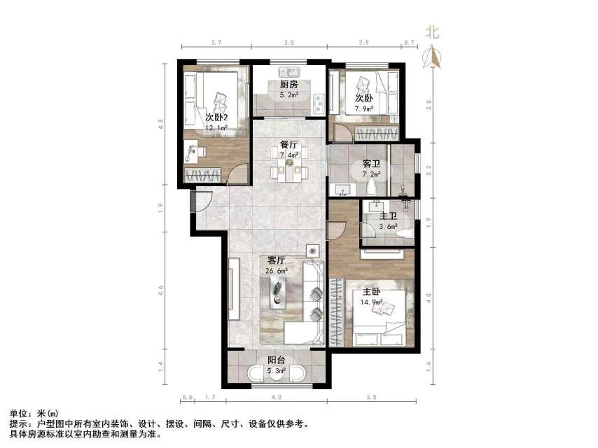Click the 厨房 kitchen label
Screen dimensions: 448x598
coord(289,85)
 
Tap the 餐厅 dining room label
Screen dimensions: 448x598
coord(288,145)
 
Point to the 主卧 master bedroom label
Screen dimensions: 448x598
coord(371,290)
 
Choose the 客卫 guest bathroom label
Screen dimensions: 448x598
coord(370,164)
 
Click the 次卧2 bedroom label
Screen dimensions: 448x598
coord(217,117)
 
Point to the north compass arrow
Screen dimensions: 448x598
coord(433,56)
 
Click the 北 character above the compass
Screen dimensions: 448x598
coord(433,31)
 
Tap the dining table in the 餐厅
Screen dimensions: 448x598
coord(288,168)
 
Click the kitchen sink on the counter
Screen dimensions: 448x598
coord(289,71)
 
